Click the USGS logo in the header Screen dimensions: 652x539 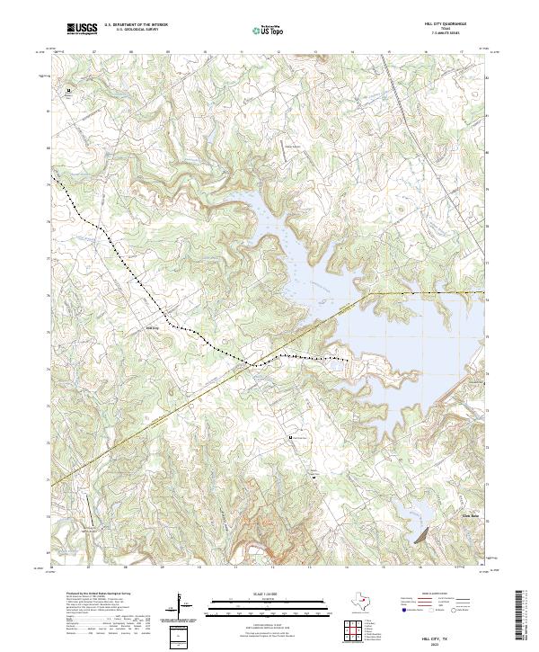click(x=82, y=29)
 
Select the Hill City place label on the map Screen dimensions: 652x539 click(x=152, y=328)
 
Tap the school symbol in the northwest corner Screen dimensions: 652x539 click(x=67, y=91)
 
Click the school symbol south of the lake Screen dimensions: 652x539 click(x=290, y=437)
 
